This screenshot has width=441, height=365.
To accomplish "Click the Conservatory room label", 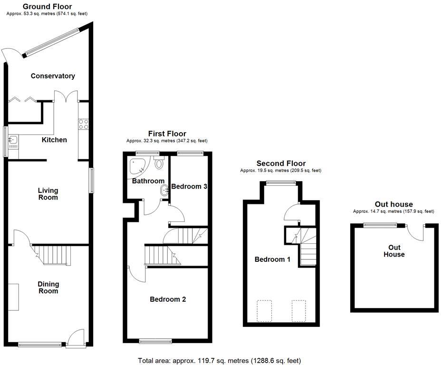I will pyautogui.click(x=53, y=76).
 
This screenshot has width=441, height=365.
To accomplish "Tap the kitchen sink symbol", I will pyautogui.click(x=13, y=140).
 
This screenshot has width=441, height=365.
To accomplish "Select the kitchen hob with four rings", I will pyautogui.click(x=83, y=124).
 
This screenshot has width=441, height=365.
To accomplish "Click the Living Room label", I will pyautogui.click(x=48, y=194).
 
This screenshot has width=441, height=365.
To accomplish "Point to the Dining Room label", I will pyautogui.click(x=48, y=288).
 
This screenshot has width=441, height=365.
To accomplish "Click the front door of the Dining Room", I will pyautogui.click(x=75, y=338).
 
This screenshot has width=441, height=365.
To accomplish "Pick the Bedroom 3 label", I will pyautogui.click(x=189, y=186).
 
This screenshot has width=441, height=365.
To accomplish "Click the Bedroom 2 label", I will pyautogui.click(x=168, y=299).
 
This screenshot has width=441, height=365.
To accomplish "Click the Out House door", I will pyautogui.click(x=417, y=232).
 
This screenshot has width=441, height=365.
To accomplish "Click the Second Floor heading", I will pyautogui.click(x=281, y=163).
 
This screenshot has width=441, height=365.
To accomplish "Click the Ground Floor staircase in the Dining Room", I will pyautogui.click(x=54, y=255).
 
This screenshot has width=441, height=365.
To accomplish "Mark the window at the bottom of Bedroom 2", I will pyautogui.click(x=155, y=340).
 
